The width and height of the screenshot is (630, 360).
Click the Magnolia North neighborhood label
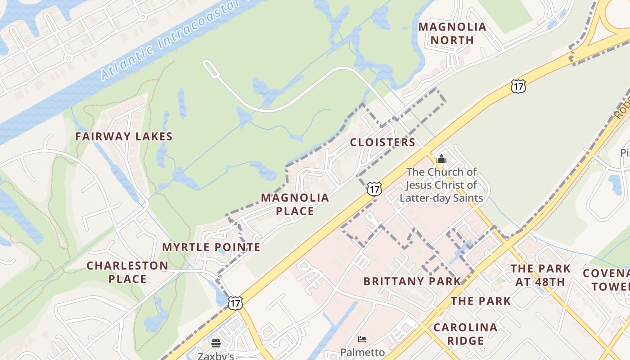point(452,33)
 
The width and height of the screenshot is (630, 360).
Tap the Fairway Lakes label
point(124,136)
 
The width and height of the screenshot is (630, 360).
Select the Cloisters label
point(382,142)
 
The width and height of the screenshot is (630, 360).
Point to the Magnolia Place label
point(295,204)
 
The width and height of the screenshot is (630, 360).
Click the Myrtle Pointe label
point(211,247)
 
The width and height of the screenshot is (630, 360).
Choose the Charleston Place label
point(127,272)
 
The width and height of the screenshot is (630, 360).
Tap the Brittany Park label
point(412,281)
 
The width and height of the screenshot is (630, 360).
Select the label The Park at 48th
point(540,275)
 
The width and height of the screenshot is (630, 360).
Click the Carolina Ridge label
point(465,333)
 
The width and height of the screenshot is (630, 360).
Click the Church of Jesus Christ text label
point(441,185)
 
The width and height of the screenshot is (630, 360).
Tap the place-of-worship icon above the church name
point(441,159)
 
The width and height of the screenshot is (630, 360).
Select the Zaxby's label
point(216,355)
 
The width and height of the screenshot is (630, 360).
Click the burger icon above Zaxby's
point(216,343)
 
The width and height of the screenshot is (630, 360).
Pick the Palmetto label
point(362,352)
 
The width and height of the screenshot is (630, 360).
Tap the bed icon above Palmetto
point(362,339)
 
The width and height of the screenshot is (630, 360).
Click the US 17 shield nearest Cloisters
point(374,189)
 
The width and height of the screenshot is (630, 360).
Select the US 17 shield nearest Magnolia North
point(518,86)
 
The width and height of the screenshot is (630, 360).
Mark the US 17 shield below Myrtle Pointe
point(235,303)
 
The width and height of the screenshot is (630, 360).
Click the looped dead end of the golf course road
point(209,67)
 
